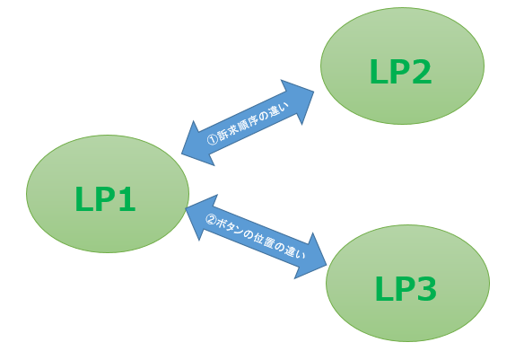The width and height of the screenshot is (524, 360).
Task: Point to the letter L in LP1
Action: [x=83, y=199]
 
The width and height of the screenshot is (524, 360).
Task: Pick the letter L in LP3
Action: [x=383, y=289]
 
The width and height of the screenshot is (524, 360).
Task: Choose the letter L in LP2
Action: [x=378, y=72]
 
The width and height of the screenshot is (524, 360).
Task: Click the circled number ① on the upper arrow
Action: [x=213, y=139]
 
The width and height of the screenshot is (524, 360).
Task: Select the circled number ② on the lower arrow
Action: [x=211, y=220]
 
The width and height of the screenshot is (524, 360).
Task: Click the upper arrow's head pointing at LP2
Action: [x=297, y=98]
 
